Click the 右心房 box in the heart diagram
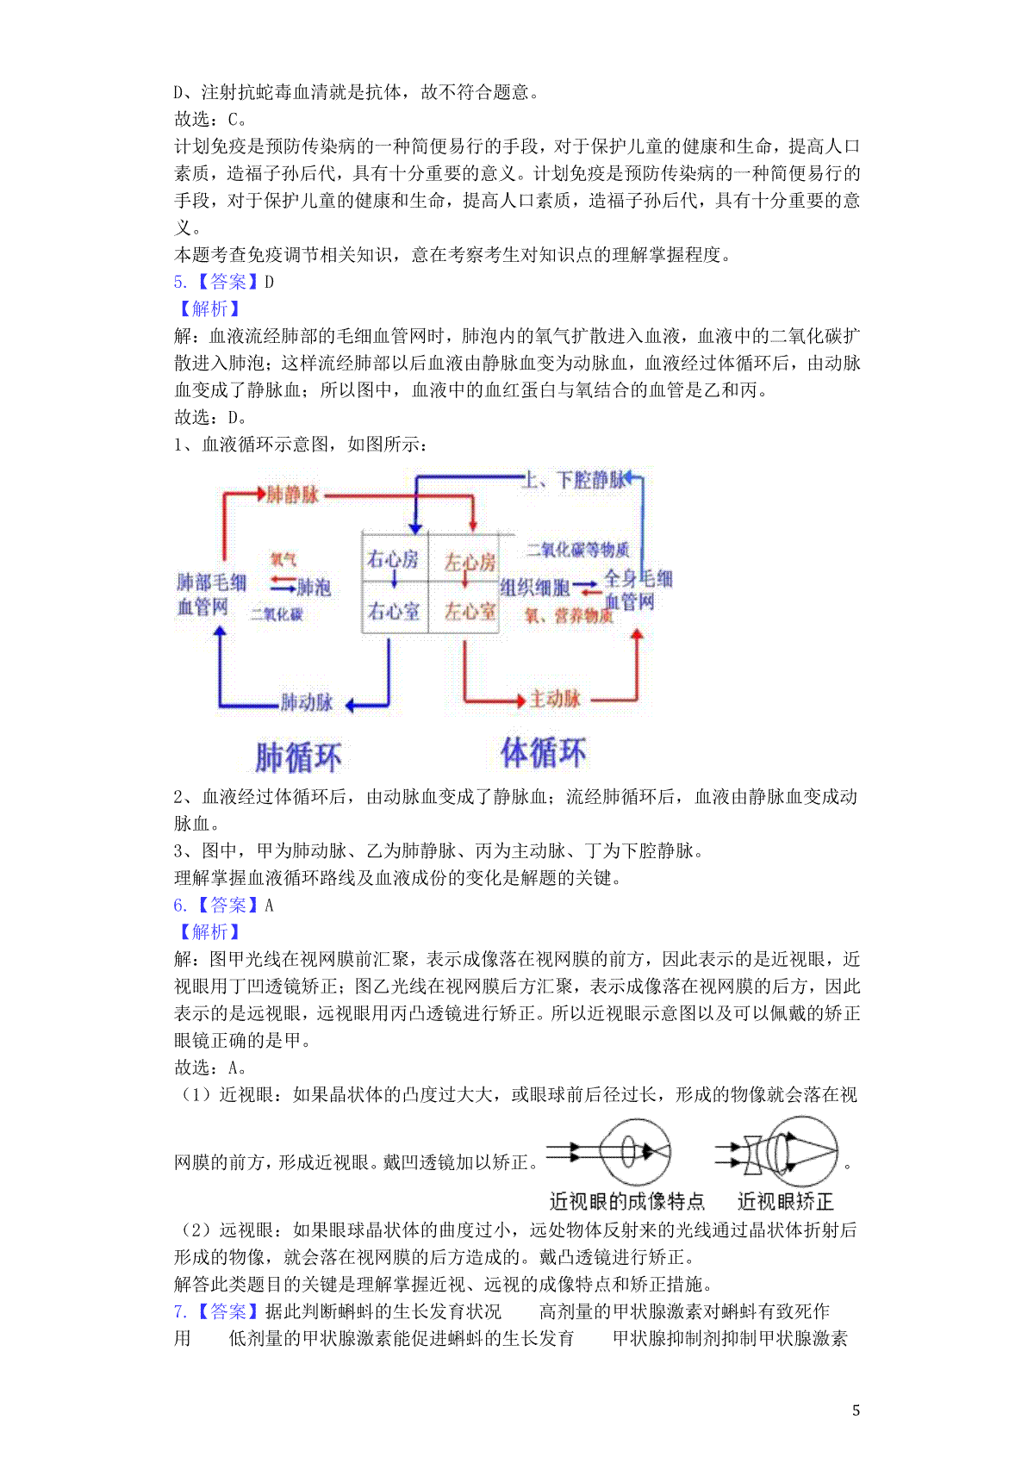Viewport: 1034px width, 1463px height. pos(394,559)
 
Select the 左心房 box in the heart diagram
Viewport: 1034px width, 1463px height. pos(470,562)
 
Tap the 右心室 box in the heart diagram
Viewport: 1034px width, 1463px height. pos(394,611)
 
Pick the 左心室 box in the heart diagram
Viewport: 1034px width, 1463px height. pos(470,611)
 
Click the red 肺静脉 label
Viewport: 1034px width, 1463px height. pos(293,495)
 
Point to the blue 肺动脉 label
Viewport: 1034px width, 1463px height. pos(307,702)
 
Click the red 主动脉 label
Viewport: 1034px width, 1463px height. pos(555,698)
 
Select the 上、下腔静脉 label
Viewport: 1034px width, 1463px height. pos(573,480)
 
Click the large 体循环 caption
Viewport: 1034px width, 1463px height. pos(544,753)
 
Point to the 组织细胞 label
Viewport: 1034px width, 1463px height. pos(535,588)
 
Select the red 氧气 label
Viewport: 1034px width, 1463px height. pos(283,559)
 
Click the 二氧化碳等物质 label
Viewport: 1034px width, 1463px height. pos(578,550)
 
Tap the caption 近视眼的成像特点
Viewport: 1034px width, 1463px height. pos(626,1201)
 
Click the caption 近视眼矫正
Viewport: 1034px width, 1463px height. pos(785,1201)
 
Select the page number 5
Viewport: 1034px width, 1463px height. pos(856,1410)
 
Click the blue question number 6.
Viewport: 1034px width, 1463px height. pos(179,906)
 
